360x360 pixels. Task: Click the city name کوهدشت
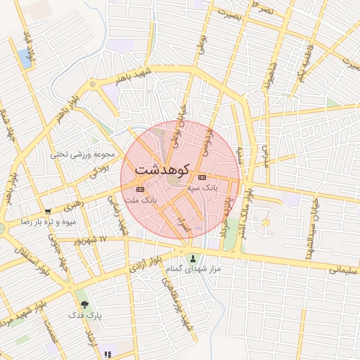[x=162, y=169]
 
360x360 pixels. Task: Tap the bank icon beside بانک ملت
[x=141, y=188]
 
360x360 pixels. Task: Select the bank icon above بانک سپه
[x=202, y=176]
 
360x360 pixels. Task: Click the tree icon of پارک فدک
[x=85, y=305]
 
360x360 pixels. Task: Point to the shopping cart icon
[x=48, y=211]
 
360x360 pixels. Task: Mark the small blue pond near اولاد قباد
[x=27, y=60]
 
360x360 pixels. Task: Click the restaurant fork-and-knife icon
[x=107, y=355]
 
